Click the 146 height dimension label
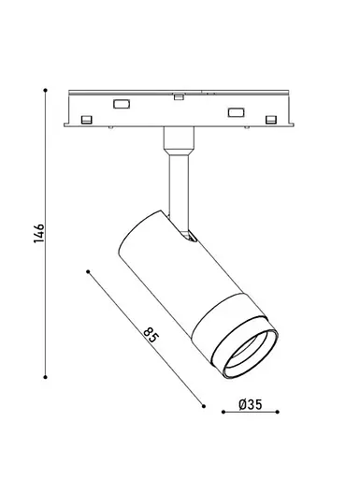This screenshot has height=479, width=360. tap(39, 233)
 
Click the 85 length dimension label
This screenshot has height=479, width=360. tap(151, 335)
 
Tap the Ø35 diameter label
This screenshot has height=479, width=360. tap(251, 404)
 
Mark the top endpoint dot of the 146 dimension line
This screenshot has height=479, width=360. tap(46, 90)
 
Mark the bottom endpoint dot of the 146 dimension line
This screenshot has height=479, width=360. tap(46, 377)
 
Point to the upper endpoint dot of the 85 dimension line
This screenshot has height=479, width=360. tap(88, 271)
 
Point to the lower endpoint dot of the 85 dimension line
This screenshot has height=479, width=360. tap(204, 406)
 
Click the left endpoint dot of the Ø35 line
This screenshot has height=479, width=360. tap(223, 412)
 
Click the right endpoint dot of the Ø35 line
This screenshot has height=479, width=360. tap(278, 412)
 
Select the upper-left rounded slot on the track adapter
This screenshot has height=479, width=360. tap(122, 104)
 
